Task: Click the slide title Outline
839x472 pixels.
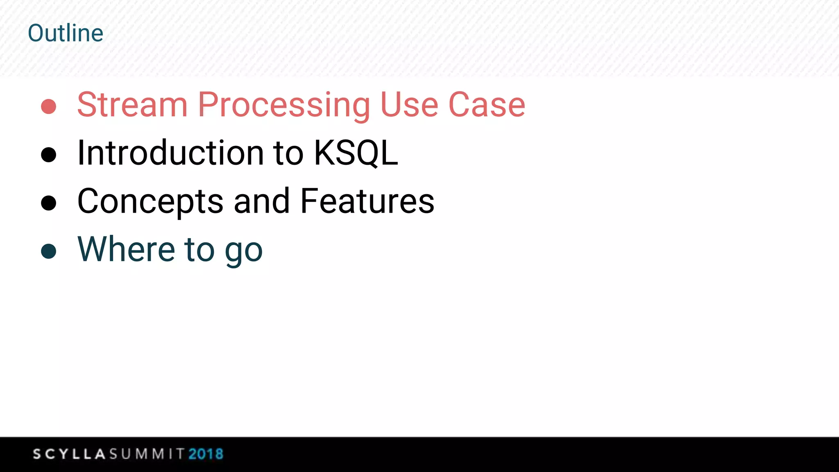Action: point(66,33)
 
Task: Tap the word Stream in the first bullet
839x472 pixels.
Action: point(132,105)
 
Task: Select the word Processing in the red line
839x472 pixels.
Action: point(284,106)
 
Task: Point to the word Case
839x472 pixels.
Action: point(487,105)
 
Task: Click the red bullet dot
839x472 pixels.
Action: point(49,107)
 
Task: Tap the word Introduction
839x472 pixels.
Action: point(170,153)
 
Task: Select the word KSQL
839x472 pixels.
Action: point(356,153)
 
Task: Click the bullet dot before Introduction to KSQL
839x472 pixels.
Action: point(49,155)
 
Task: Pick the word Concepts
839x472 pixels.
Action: point(150,202)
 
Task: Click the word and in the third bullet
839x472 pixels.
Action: point(261,201)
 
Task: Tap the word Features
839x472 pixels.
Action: point(367,201)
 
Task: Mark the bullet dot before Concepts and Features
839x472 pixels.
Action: point(49,203)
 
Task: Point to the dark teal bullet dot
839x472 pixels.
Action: point(49,251)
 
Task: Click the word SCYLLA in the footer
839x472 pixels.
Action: point(69,454)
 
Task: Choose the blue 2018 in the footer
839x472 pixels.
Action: point(206,454)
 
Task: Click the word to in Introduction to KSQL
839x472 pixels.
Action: point(288,153)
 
